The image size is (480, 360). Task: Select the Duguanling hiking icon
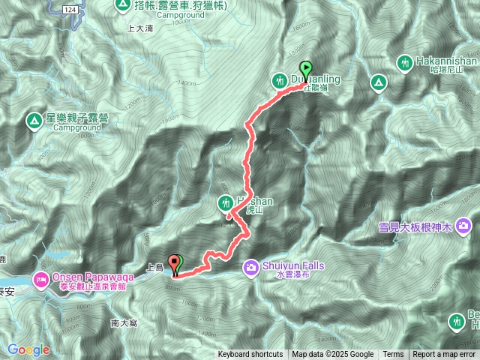280,79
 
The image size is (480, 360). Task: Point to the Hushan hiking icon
225,202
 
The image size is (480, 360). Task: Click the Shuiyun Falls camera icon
250,265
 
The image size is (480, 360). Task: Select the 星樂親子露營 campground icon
34,120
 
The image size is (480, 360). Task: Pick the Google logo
28,349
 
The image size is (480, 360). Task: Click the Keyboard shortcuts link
250,355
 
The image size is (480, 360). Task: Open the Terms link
393,355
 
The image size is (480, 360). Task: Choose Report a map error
444,355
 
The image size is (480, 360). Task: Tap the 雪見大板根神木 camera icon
465,225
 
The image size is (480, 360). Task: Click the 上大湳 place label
141,28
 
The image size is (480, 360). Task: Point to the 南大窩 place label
123,322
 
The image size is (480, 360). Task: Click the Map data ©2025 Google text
333,355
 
